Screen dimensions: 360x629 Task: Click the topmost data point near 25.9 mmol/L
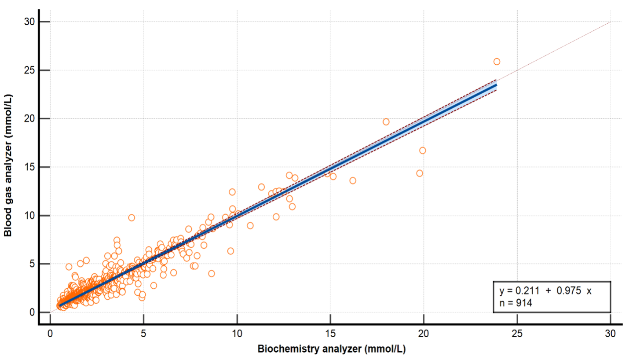497,62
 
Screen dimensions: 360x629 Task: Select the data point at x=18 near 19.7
386,122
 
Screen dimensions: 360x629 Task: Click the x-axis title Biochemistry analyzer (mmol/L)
331,349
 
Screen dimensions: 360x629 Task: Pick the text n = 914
516,303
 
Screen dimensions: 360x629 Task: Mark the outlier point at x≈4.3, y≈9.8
131,217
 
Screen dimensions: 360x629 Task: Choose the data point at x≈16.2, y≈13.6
352,180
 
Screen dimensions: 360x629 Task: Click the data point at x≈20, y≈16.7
422,151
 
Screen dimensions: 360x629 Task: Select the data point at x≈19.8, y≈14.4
419,173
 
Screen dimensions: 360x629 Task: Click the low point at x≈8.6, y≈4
211,273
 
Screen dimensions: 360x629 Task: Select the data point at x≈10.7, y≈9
250,226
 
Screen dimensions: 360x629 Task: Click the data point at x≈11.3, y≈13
261,187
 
